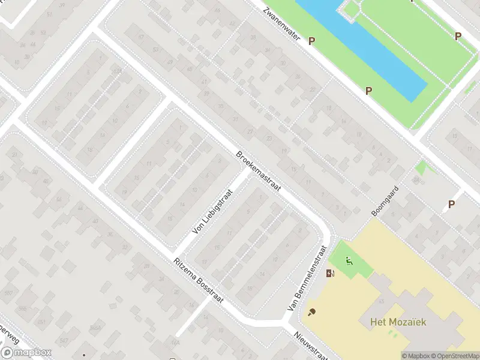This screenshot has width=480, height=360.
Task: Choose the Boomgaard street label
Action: tap(384, 200)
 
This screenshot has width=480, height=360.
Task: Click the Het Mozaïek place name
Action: tap(394, 322)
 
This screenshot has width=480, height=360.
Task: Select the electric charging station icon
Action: tap(329, 274)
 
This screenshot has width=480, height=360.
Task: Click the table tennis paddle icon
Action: tap(312, 312)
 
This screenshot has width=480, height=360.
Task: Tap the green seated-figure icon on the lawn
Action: tap(349, 261)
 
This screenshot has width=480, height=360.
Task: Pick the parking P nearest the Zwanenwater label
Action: tap(311, 41)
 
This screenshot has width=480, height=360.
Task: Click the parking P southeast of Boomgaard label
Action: tap(452, 204)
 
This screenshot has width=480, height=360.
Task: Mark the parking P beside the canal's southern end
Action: tap(368, 91)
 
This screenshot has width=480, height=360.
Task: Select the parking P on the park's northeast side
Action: tap(458, 36)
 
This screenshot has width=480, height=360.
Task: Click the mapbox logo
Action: tap(26, 353)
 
